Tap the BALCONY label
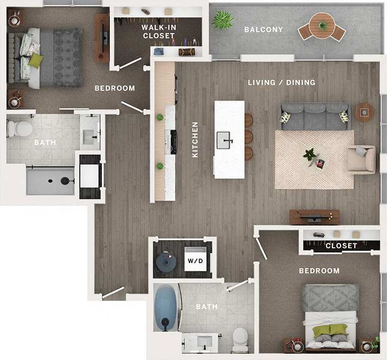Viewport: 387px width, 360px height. [x=263, y=30]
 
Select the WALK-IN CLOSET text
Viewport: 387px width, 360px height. [x=159, y=31]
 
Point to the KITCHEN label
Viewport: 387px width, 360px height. [x=195, y=139]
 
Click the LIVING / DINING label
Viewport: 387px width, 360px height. [x=281, y=82]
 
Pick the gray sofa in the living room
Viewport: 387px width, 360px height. [x=315, y=117]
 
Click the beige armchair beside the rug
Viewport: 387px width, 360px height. [x=361, y=159]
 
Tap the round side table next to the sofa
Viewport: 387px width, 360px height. [x=365, y=111]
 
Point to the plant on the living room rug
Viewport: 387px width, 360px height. [x=309, y=155]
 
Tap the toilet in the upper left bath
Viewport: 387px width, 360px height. [x=20, y=129]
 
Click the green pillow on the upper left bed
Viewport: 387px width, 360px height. [x=35, y=60]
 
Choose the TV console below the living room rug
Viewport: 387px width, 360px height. [x=314, y=217]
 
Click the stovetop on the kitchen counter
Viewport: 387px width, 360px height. [x=173, y=142]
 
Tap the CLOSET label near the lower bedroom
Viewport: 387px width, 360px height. [x=341, y=246]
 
